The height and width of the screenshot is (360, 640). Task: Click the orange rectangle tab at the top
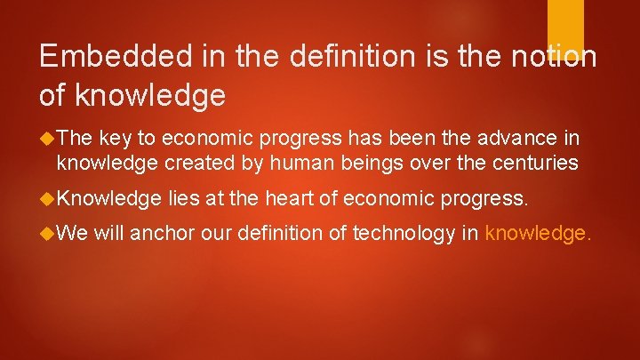tap(564, 26)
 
